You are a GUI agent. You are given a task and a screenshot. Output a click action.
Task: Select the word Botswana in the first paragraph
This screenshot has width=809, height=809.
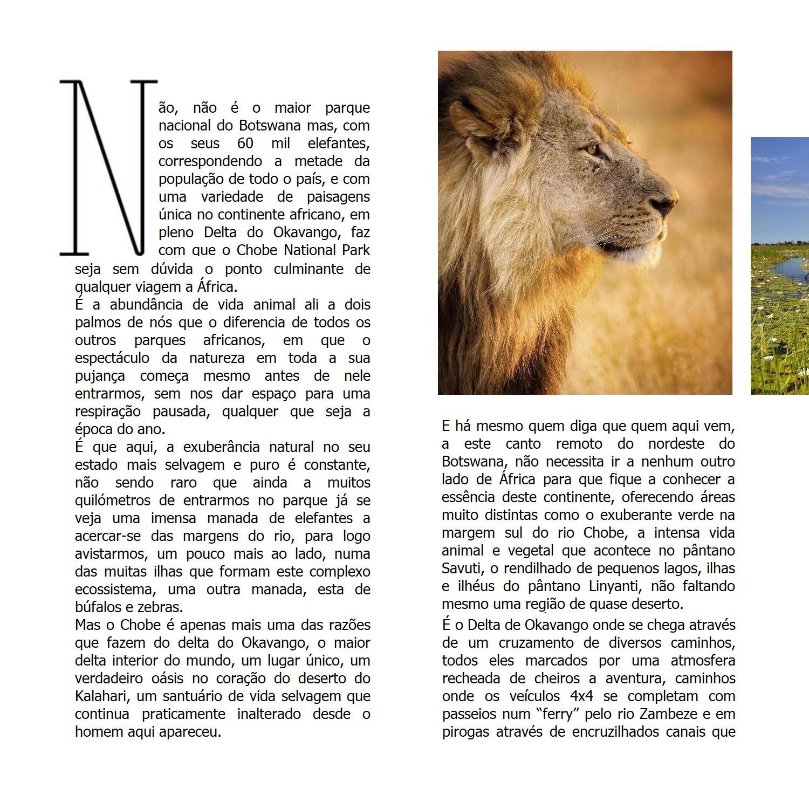click(269, 126)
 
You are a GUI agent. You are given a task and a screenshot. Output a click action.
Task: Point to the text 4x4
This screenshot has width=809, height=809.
click(593, 696)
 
